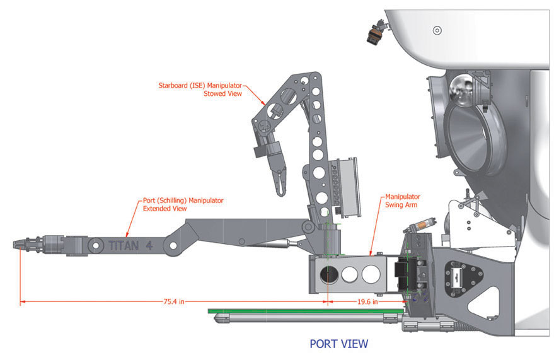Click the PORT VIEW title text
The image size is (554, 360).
[x=338, y=344]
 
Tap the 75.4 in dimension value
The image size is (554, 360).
[x=173, y=302]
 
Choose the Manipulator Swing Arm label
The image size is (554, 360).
[x=403, y=200]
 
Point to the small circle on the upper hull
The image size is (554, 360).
[x=437, y=30]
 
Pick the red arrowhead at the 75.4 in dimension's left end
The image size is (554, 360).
[x=23, y=302]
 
